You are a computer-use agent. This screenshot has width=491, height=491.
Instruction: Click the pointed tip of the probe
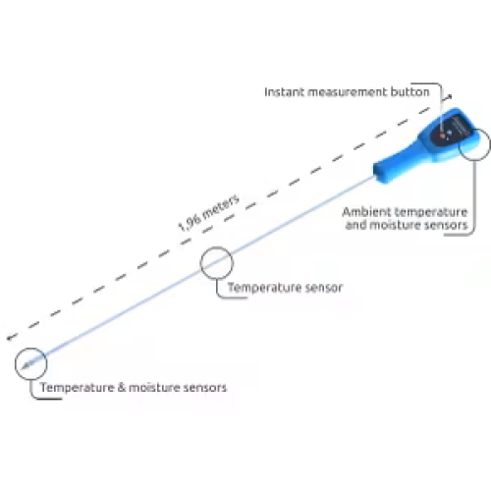23,368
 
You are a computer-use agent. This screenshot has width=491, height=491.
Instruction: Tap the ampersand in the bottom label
121,387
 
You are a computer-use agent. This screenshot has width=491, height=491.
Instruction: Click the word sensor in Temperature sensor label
323,288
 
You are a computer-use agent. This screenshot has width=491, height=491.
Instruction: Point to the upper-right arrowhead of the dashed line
450,96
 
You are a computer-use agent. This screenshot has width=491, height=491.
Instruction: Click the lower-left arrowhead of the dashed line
10,338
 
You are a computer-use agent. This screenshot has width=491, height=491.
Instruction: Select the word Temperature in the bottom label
78,388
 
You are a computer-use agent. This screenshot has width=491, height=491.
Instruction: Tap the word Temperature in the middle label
264,288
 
